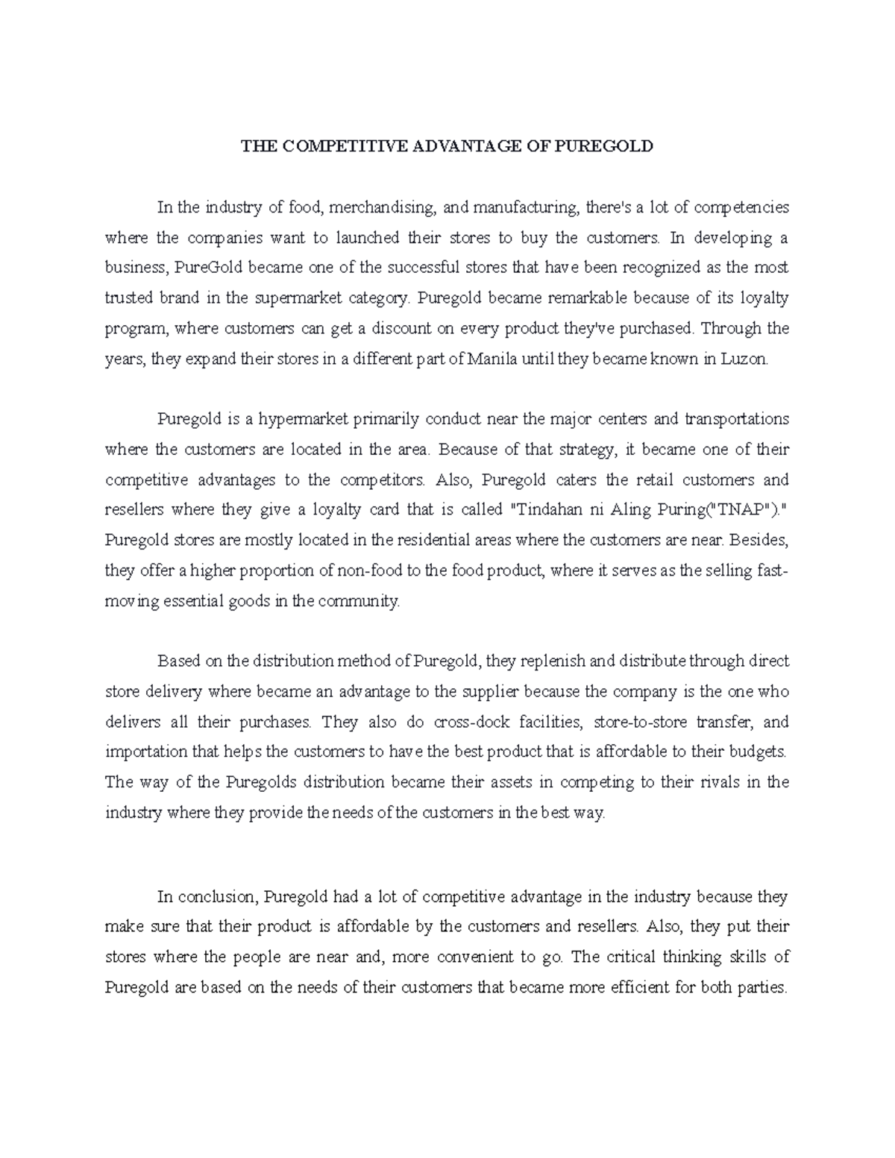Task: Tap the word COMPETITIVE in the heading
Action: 335,146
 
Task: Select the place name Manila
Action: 492,359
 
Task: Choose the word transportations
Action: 736,419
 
